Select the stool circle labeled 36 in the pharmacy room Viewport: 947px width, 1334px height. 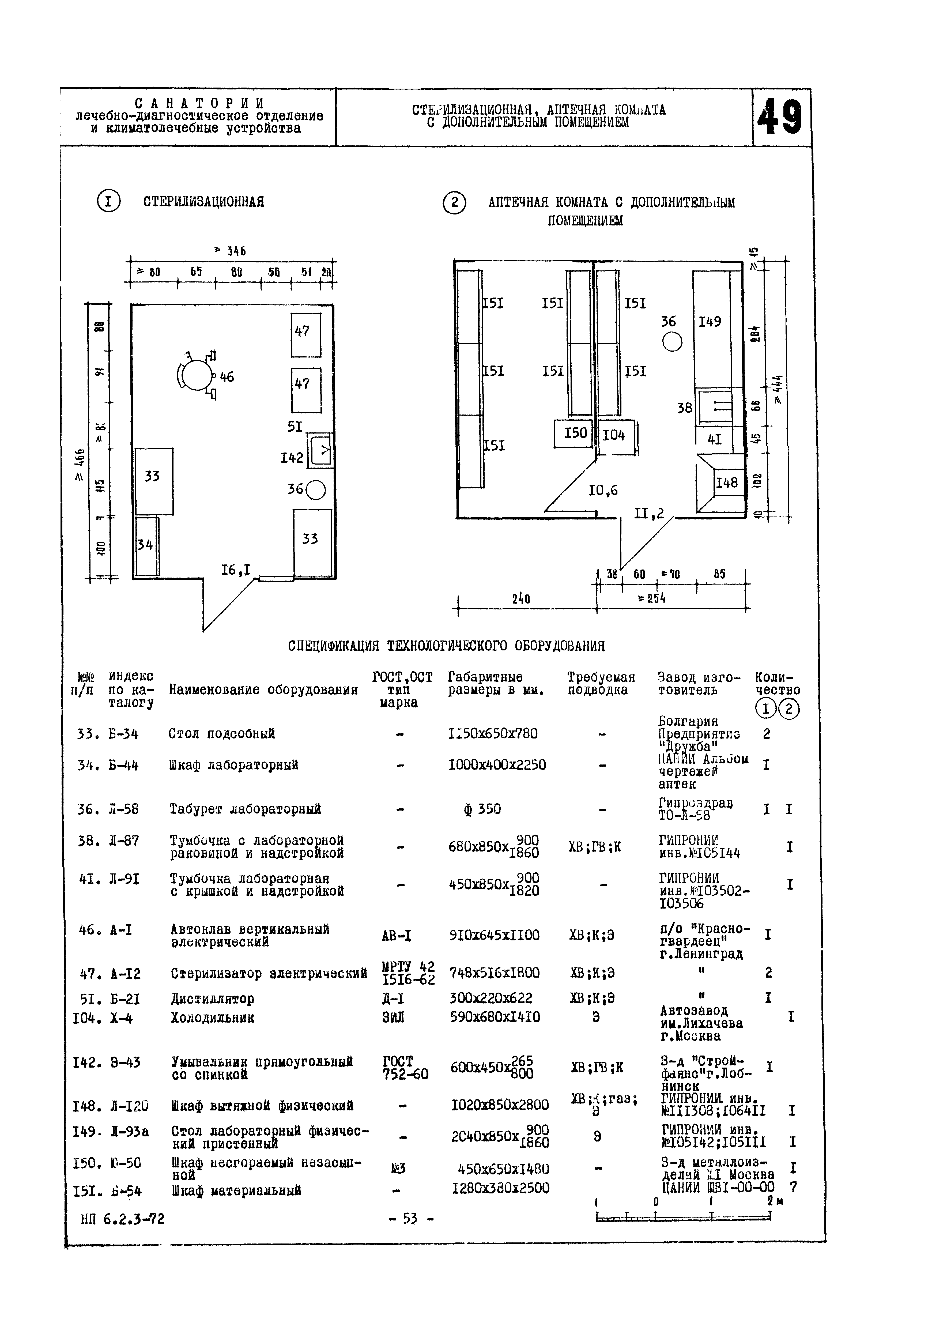(x=672, y=342)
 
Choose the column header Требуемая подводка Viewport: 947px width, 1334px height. (x=601, y=683)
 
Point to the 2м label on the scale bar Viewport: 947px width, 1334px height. (x=774, y=1202)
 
